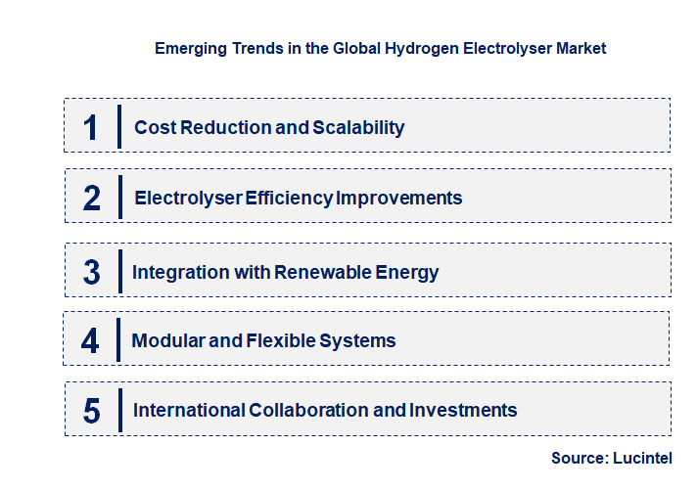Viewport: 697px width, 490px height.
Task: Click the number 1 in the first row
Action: pos(91,127)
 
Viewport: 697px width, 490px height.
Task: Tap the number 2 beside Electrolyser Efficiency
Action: pos(92,199)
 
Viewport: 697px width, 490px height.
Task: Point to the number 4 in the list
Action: pos(90,341)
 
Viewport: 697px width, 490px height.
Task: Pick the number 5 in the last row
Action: pos(91,411)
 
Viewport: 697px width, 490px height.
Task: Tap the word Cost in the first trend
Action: pos(153,127)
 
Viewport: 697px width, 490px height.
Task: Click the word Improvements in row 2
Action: pos(399,198)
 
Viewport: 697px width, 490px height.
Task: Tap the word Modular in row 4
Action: pos(165,340)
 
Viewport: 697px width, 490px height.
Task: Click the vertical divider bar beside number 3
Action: pos(118,271)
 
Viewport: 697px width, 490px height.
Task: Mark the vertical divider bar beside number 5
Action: pos(118,409)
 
